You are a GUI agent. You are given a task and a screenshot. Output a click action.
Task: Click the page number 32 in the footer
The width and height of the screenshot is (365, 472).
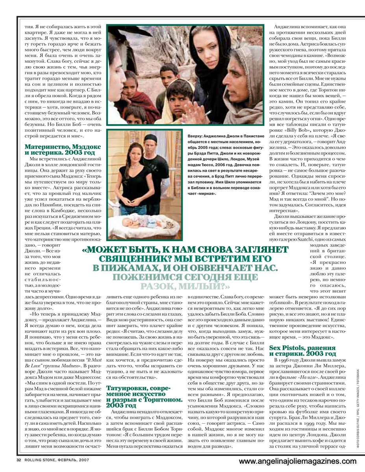(19, 460)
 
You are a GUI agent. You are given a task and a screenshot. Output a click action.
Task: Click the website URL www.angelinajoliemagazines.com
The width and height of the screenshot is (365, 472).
(298, 461)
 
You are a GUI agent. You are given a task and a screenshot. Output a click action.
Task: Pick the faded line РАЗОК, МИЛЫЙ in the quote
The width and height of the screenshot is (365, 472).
(186, 286)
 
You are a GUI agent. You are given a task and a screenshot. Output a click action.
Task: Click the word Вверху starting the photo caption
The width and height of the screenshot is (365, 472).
(196, 135)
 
